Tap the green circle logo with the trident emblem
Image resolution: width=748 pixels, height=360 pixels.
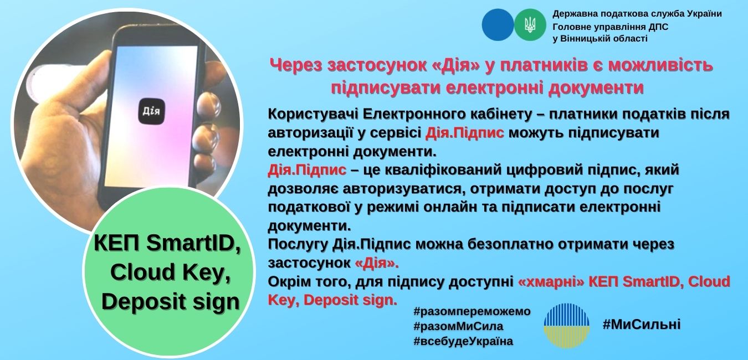[530, 25]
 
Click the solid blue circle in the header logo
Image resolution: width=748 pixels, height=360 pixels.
[498, 25]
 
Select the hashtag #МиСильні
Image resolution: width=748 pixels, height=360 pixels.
[642, 325]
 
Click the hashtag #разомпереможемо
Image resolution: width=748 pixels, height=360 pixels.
[472, 311]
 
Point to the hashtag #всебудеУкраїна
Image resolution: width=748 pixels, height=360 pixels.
[463, 341]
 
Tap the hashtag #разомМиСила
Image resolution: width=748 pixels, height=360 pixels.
[458, 326]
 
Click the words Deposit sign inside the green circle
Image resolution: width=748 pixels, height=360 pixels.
[171, 302]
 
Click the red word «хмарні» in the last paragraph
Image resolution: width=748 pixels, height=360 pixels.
[551, 282]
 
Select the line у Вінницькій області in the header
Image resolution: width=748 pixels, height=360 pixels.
[600, 39]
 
